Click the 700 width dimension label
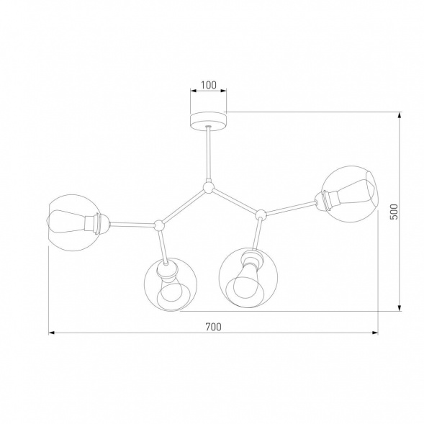tap(212, 326)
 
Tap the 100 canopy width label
tap(208, 85)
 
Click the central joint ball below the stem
tap(208, 189)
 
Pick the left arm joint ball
tap(158, 226)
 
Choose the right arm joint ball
tap(261, 213)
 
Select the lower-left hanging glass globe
tap(171, 283)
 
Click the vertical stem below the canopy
tap(208, 155)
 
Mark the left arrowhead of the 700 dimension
tap(53, 333)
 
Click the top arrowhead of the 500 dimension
tap(400, 115)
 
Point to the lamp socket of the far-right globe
tap(328, 198)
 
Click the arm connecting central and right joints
tap(235, 201)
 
